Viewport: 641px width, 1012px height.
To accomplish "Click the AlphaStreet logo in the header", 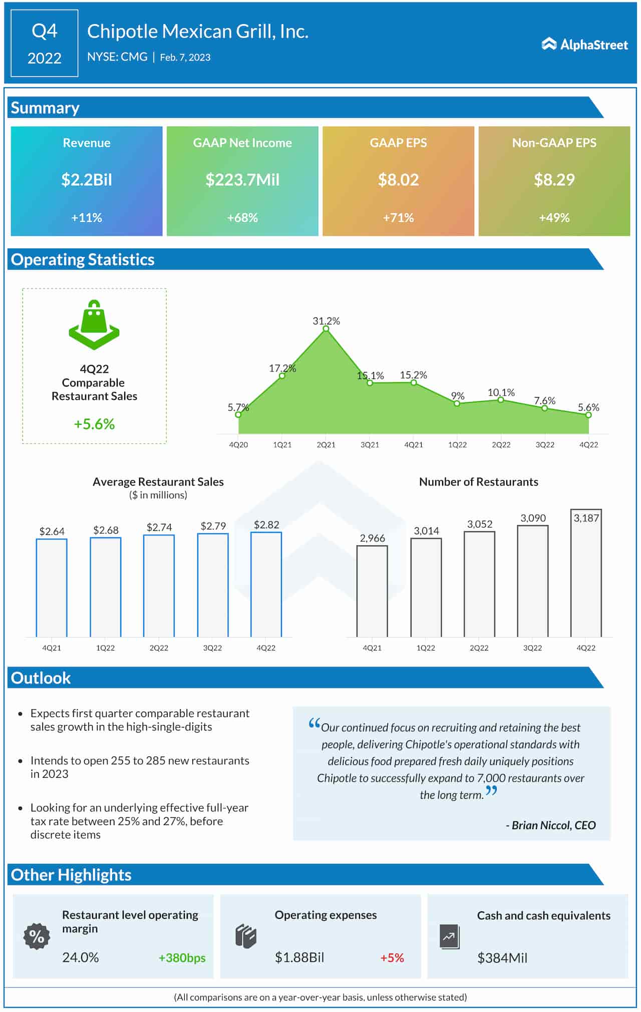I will (584, 45).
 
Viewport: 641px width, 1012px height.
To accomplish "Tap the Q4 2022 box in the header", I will (45, 44).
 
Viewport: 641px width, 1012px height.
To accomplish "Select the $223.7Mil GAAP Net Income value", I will (242, 179).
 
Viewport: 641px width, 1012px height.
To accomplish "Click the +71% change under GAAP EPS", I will (398, 217).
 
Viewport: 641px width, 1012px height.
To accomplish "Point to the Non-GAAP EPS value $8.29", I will (554, 179).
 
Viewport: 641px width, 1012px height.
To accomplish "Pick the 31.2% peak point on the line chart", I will (326, 328).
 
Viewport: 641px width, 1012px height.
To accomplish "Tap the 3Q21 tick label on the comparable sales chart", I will (370, 445).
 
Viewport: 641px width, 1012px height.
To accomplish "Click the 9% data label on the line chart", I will (458, 396).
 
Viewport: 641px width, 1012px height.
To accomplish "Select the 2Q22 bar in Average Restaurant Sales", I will (159, 585).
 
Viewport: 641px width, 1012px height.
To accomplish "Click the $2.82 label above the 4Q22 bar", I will (266, 524).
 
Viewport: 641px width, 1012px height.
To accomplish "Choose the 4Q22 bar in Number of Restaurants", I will (586, 573).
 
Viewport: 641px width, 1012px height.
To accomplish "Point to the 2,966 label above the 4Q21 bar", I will (372, 538).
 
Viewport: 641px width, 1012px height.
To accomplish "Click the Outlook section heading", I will (41, 678).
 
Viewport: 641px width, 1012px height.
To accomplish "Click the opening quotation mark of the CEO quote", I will (314, 724).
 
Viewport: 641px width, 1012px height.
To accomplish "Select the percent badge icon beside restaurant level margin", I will (37, 936).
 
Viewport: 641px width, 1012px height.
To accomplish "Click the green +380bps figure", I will (182, 957).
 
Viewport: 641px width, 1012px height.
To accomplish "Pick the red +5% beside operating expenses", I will (392, 957).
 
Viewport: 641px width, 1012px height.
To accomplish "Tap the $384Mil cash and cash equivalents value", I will (502, 957).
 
